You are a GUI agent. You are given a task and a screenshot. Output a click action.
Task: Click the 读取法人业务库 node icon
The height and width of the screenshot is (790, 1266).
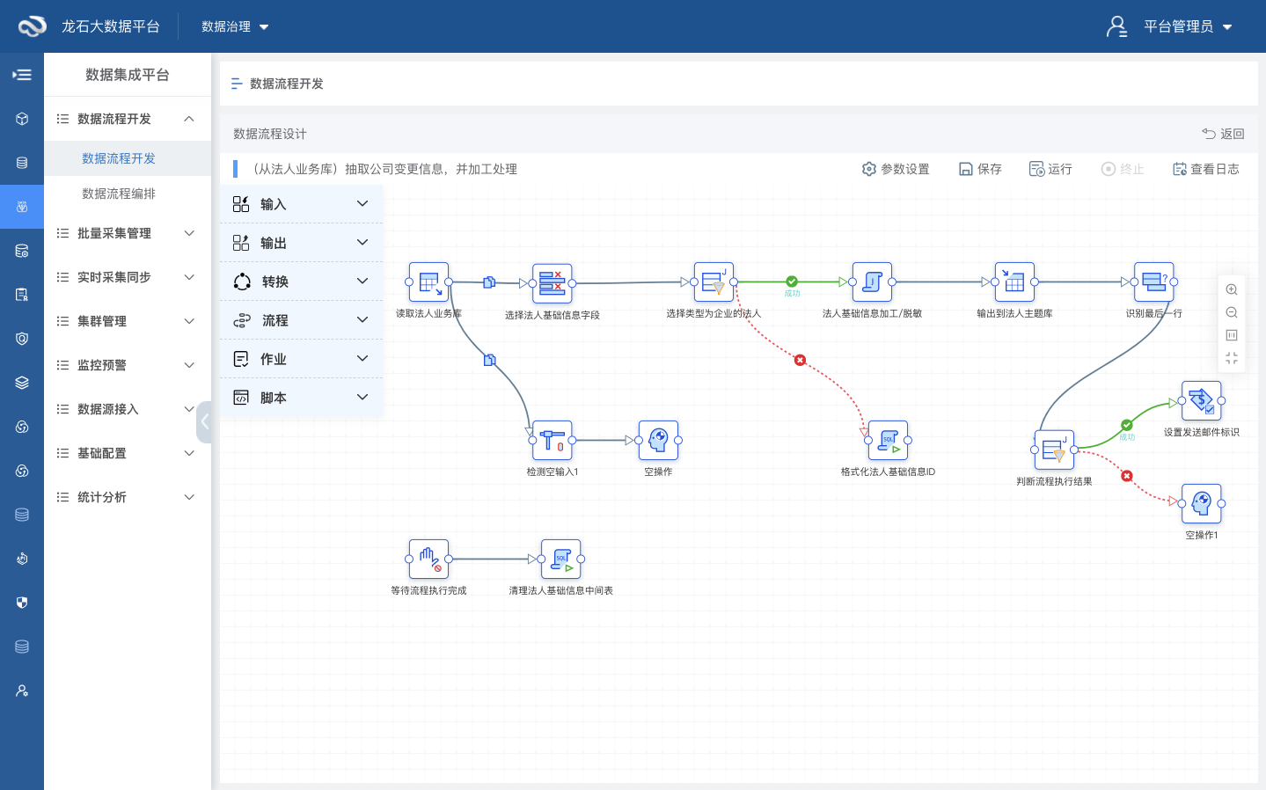coord(429,282)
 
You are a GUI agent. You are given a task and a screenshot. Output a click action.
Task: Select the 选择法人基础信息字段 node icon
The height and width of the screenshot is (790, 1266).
coord(553,283)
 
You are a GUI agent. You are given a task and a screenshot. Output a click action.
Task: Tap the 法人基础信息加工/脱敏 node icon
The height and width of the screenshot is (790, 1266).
coord(872,282)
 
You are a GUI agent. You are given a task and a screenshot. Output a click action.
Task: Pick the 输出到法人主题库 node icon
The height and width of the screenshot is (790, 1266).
coord(1014,282)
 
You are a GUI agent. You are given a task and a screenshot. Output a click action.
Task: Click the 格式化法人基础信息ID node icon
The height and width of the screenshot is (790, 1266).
coord(888,440)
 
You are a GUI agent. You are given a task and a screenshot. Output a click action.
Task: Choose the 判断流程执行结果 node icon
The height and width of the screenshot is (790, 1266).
coord(1054,450)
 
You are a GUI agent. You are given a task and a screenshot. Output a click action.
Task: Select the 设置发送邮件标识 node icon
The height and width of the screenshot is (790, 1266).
coord(1201,400)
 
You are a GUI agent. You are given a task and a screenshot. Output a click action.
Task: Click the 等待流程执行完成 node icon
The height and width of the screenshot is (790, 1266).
coord(429,559)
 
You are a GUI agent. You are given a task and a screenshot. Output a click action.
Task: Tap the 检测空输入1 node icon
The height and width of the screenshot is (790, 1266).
coord(553,440)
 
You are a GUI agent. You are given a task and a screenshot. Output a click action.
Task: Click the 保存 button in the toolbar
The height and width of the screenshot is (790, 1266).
coord(981,169)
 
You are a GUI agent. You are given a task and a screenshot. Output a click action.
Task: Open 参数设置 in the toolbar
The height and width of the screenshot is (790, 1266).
coord(896,169)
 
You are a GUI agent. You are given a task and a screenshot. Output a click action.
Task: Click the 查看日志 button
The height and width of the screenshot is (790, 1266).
coord(1206,169)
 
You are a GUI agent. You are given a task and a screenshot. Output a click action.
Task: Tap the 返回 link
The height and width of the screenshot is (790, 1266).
coord(1223,134)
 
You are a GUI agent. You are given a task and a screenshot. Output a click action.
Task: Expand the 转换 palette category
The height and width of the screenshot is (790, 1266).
coord(301,282)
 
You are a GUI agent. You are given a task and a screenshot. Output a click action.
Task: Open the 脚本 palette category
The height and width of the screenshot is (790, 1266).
coord(301,398)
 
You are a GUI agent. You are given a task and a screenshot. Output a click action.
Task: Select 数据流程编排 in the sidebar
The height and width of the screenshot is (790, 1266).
coord(119,194)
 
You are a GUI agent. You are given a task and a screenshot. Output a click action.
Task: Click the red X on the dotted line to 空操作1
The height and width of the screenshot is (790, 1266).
coord(1127,476)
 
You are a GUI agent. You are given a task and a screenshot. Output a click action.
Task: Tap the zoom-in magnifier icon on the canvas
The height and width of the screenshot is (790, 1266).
coord(1232,290)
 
